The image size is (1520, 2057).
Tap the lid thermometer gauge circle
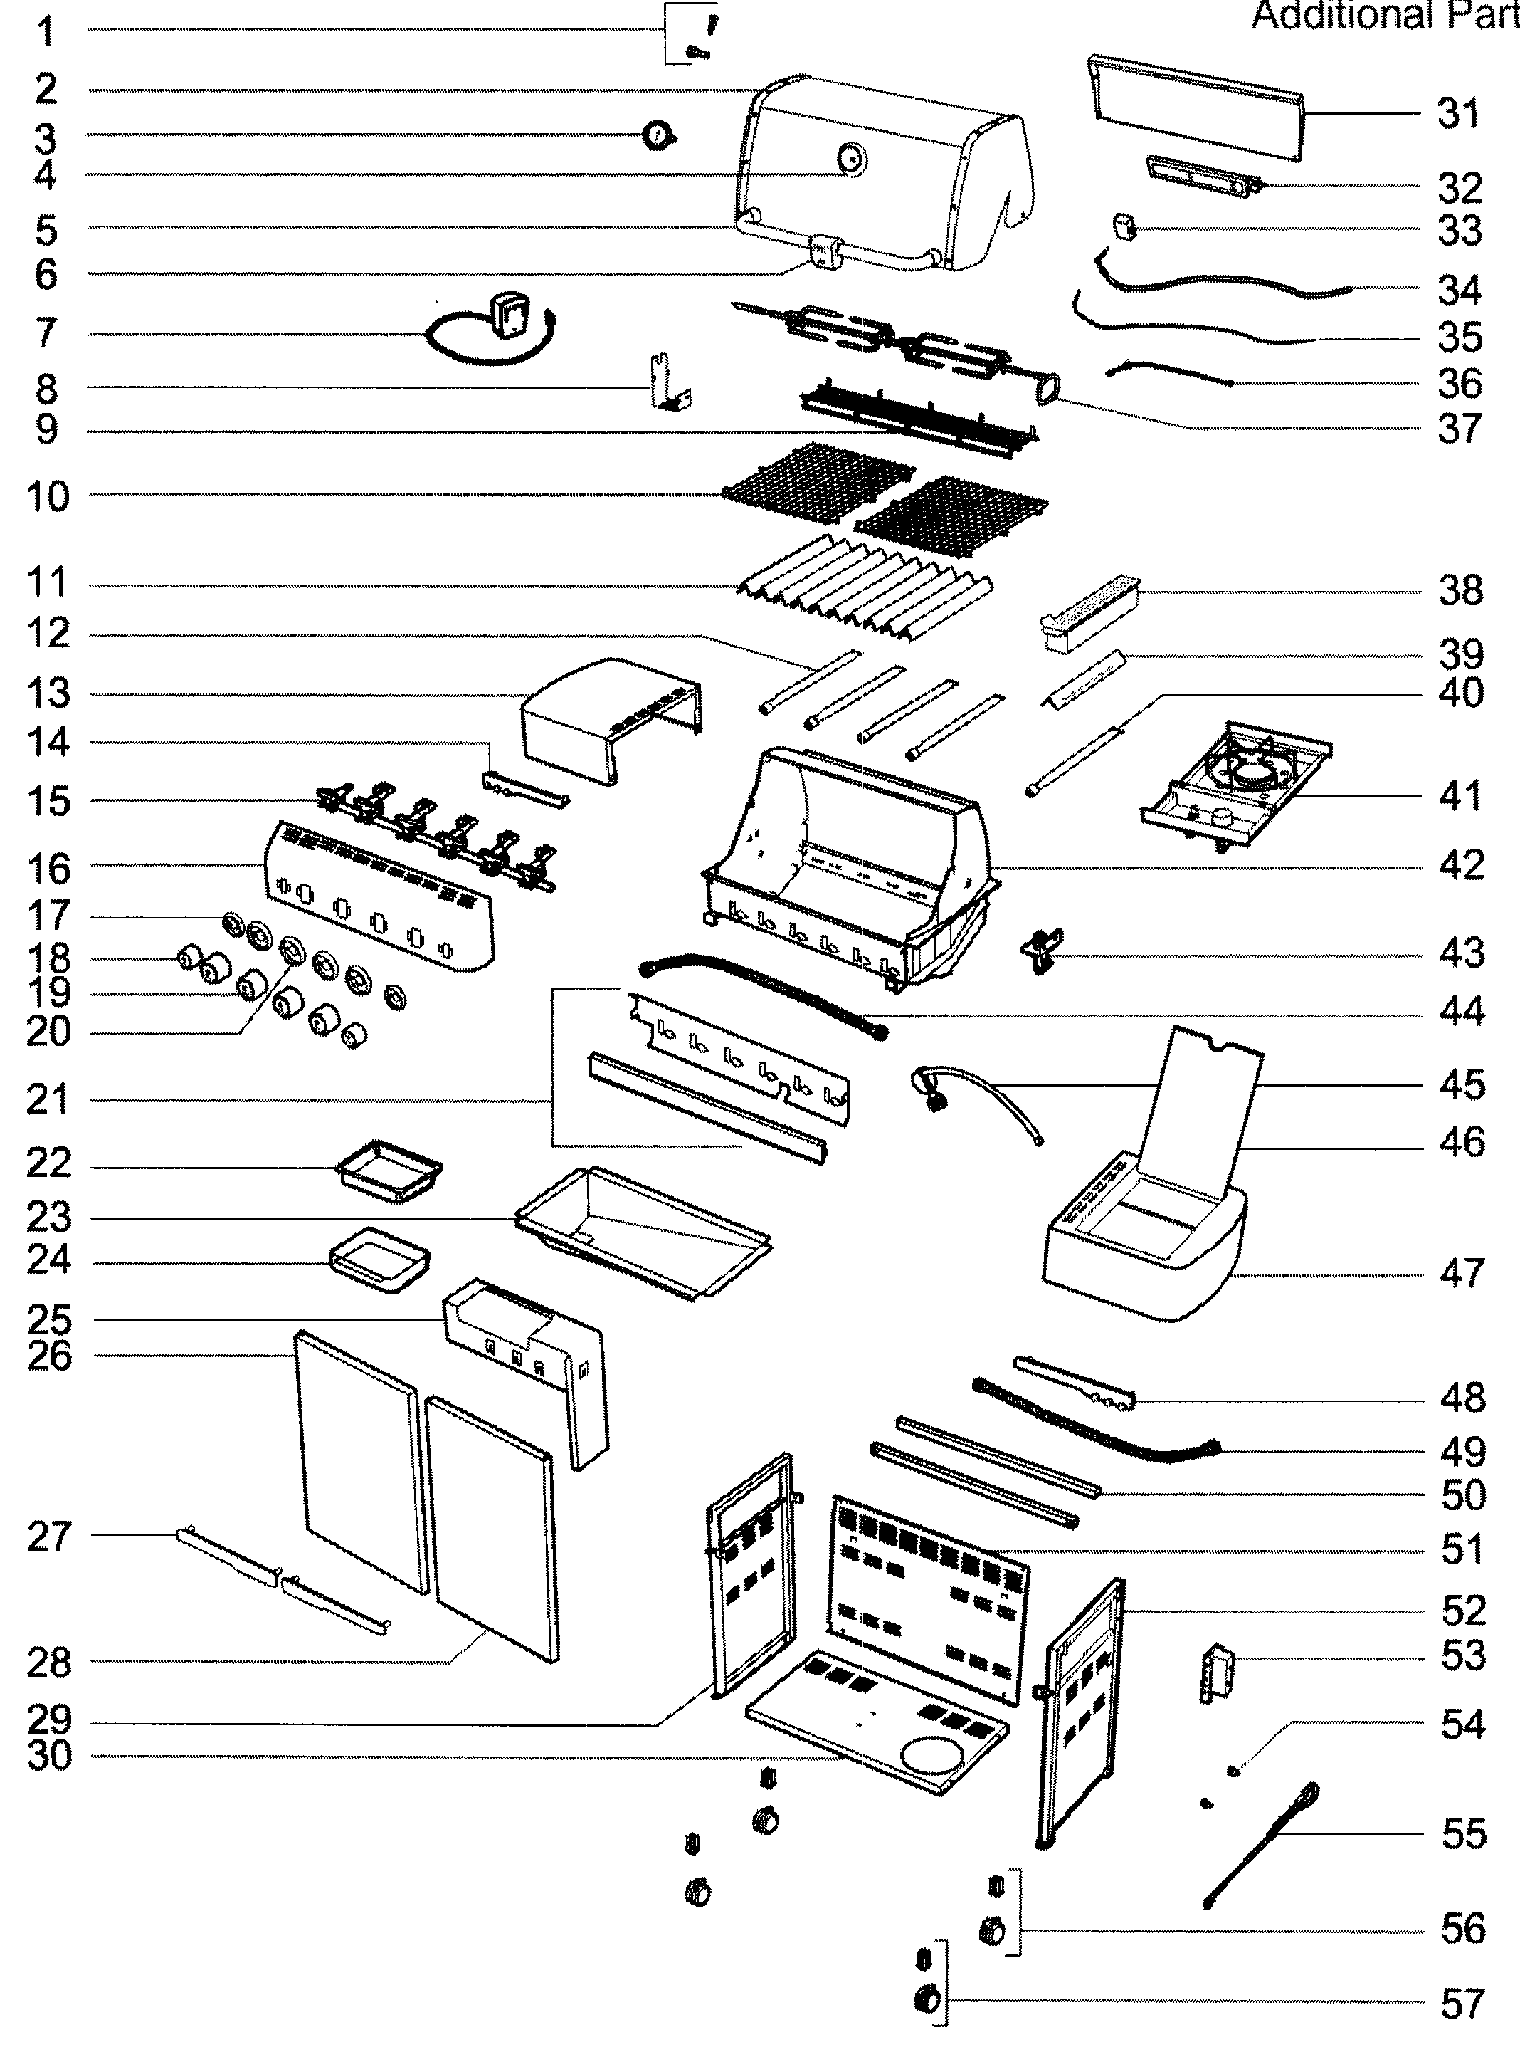pyautogui.click(x=851, y=159)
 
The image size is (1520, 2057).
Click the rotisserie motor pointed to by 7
pyautogui.click(x=508, y=315)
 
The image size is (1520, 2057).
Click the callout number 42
pyautogui.click(x=1461, y=865)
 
